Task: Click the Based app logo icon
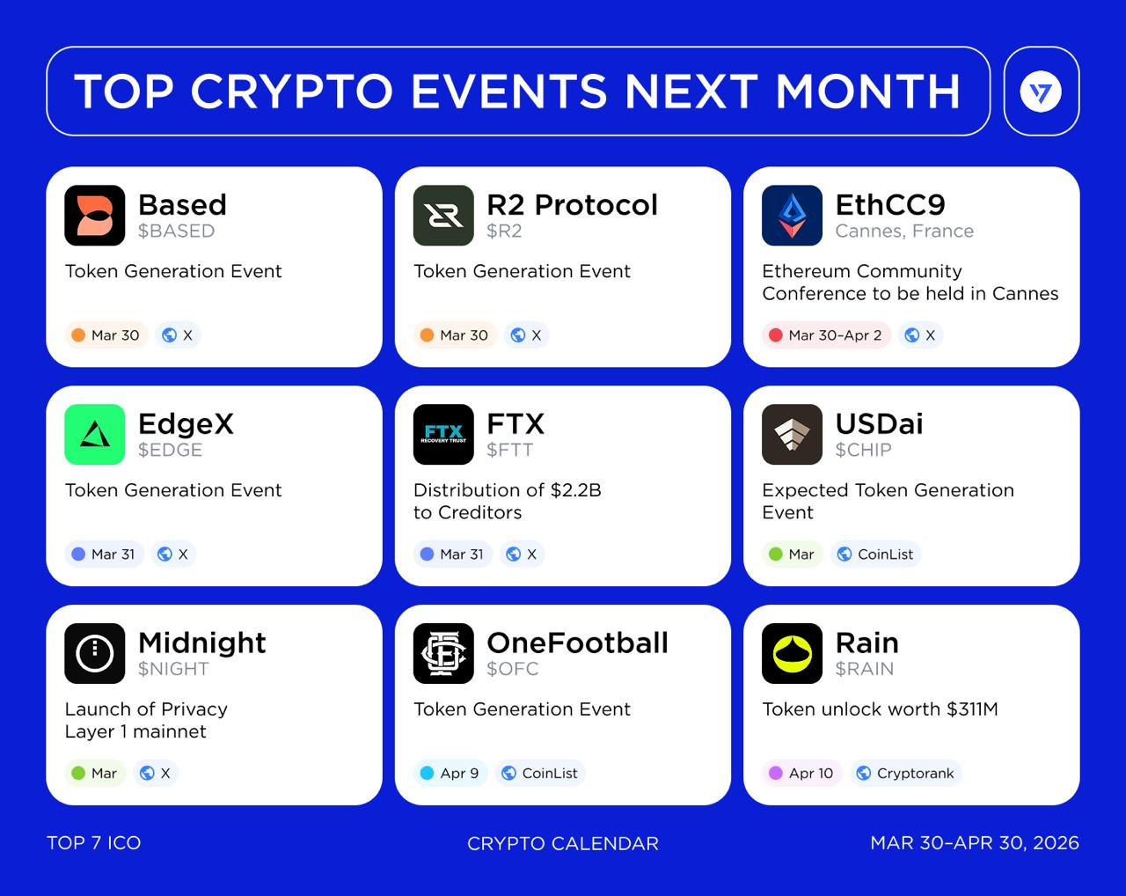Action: point(95,216)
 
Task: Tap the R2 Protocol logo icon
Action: point(443,216)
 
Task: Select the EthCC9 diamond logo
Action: point(792,216)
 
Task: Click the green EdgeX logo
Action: point(95,434)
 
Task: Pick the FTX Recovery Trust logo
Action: point(443,434)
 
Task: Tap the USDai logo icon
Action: point(792,434)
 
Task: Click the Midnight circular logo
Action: point(95,653)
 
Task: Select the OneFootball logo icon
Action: point(443,653)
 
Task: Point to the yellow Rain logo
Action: point(792,653)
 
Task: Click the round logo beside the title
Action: point(1041,92)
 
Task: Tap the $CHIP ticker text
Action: point(863,450)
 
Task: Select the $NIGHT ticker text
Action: point(173,669)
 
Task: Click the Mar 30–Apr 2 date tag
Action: point(826,335)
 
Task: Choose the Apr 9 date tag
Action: point(450,774)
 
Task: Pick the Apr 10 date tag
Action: point(801,774)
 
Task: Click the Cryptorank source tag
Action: point(905,774)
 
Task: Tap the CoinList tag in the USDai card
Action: point(875,554)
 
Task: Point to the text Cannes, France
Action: point(904,231)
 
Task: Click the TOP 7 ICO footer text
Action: point(93,843)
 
